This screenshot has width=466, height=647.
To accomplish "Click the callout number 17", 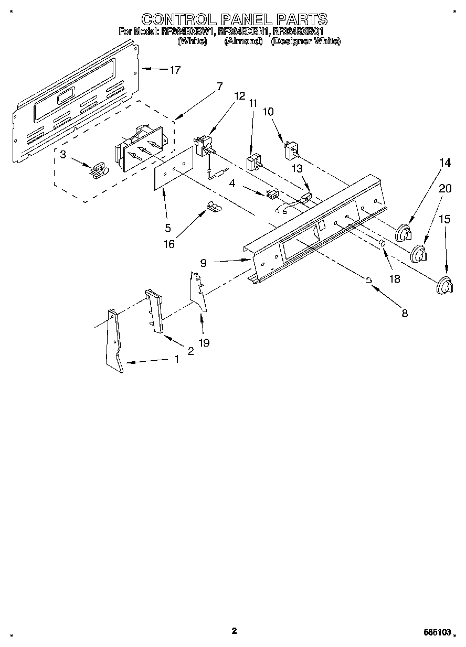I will point(174,70).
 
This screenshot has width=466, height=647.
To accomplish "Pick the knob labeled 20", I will point(419,254).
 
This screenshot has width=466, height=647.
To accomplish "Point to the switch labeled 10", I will point(290,150).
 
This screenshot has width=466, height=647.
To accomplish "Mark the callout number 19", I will point(204,342).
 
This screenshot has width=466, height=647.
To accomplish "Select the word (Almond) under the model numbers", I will point(243,41).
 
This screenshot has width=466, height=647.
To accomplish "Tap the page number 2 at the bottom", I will point(234,631).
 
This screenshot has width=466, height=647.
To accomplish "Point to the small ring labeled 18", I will point(383,244).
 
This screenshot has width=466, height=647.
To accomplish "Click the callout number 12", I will point(240,96).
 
